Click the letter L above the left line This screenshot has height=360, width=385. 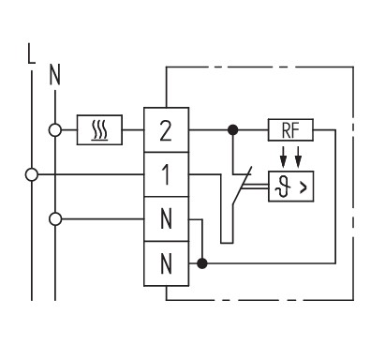(31, 53)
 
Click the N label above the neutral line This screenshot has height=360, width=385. (55, 75)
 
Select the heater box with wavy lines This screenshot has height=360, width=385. (99, 130)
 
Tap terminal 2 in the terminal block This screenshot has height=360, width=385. (166, 130)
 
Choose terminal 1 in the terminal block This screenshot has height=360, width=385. (166, 174)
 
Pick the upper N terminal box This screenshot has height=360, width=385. (166, 219)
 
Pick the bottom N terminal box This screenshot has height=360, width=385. (166, 263)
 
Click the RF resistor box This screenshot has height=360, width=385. (290, 130)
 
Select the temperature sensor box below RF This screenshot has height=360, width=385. (291, 187)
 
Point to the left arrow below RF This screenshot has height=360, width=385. (283, 157)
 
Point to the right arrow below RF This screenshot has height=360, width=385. (298, 157)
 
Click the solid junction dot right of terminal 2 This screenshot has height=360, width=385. (232, 129)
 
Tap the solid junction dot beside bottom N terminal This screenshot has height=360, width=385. (202, 263)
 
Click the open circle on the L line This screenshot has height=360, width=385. (32, 174)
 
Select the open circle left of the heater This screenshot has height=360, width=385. (55, 130)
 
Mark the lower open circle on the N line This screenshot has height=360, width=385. (55, 219)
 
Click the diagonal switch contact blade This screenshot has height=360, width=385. (242, 187)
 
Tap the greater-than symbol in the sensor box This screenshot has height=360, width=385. (304, 187)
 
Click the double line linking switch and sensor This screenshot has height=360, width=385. (256, 187)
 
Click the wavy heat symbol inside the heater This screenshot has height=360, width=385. (99, 130)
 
